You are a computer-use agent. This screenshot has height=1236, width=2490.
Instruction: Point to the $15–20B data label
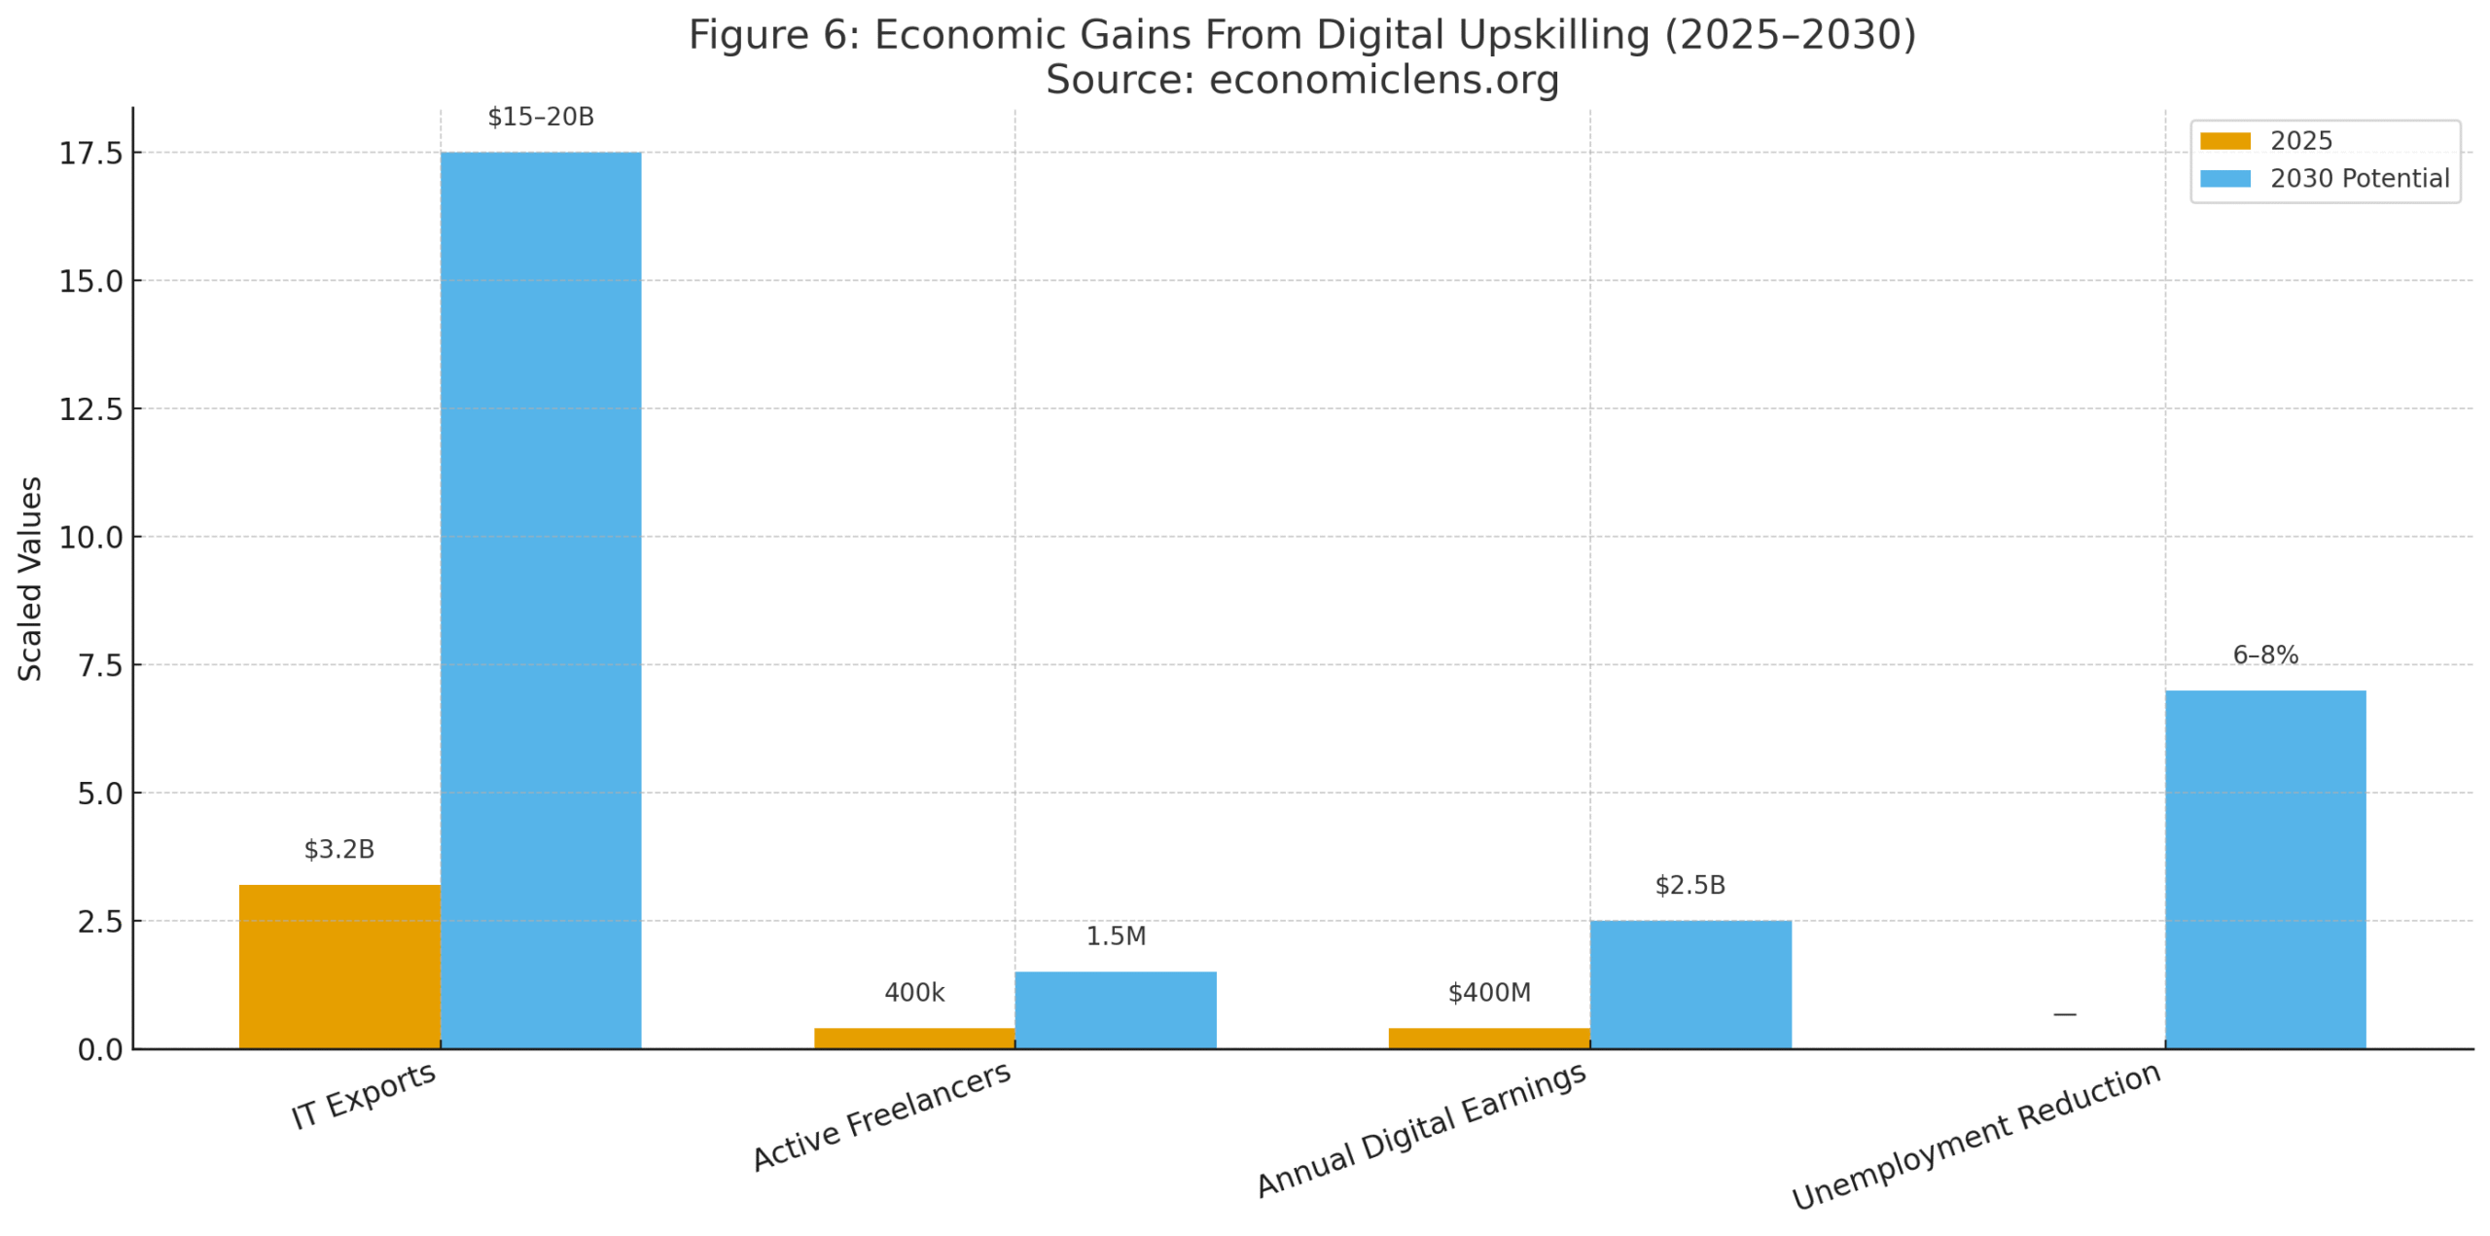tap(540, 118)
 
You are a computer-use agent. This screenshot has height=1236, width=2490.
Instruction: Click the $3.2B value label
tap(338, 849)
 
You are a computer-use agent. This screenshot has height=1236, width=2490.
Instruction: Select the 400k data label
tap(913, 993)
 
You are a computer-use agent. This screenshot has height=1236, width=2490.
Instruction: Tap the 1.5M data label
tap(1115, 936)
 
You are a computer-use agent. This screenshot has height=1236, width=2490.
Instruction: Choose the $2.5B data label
tap(1690, 885)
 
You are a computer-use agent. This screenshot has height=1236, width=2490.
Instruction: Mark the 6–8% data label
tap(2264, 655)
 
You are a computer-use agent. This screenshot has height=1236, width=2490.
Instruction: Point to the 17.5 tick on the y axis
tap(91, 154)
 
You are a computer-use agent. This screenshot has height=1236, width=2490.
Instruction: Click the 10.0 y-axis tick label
tap(91, 537)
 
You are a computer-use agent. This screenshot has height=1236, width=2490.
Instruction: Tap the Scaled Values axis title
tap(30, 579)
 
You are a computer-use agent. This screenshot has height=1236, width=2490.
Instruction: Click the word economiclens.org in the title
tap(1383, 80)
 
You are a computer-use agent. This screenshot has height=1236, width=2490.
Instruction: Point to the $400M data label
tap(1488, 993)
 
